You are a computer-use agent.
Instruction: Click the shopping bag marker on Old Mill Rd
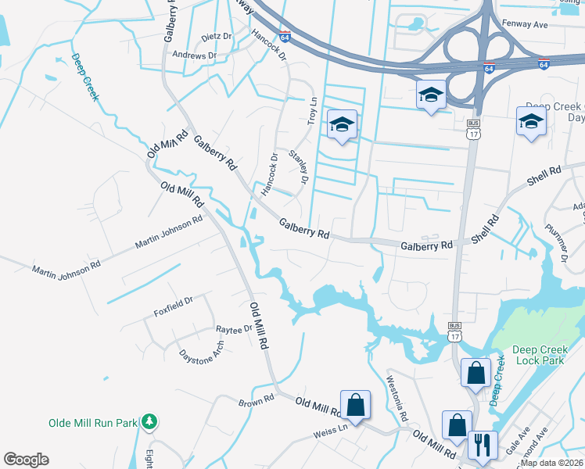tap(355, 405)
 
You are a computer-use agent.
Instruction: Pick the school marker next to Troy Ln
tap(342, 125)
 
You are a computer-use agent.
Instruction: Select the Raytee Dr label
tap(234, 330)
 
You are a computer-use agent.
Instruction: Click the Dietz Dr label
tap(217, 37)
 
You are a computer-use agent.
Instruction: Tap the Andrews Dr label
tap(194, 55)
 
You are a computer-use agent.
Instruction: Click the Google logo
tap(26, 460)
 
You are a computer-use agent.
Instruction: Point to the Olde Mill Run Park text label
tap(93, 423)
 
